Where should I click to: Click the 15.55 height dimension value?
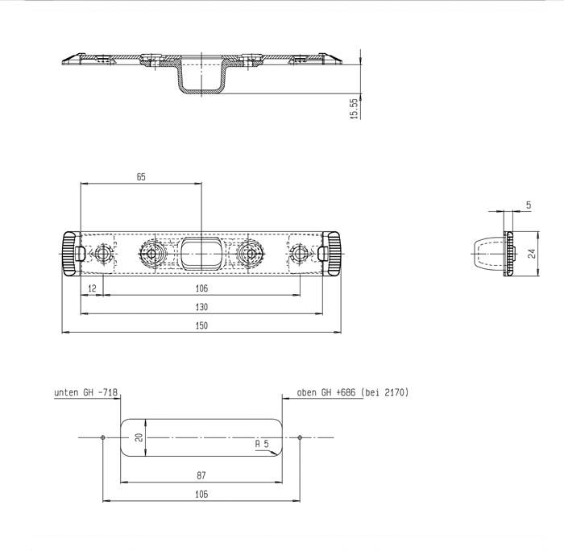click(x=354, y=110)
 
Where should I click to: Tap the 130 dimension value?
click(x=201, y=307)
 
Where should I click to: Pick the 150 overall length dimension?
click(x=201, y=325)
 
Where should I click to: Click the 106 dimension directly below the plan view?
click(x=201, y=288)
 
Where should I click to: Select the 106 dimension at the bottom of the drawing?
click(x=201, y=494)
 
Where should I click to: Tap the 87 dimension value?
click(x=201, y=475)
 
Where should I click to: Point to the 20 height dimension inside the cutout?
click(x=139, y=437)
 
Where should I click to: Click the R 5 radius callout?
click(x=261, y=443)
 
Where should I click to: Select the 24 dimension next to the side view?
click(x=532, y=253)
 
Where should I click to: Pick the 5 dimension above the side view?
click(x=528, y=206)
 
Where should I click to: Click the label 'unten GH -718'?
click(x=86, y=392)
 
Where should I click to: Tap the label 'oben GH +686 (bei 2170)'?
click(x=353, y=392)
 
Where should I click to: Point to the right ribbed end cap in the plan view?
click(x=333, y=252)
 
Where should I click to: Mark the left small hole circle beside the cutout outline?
click(x=103, y=437)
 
